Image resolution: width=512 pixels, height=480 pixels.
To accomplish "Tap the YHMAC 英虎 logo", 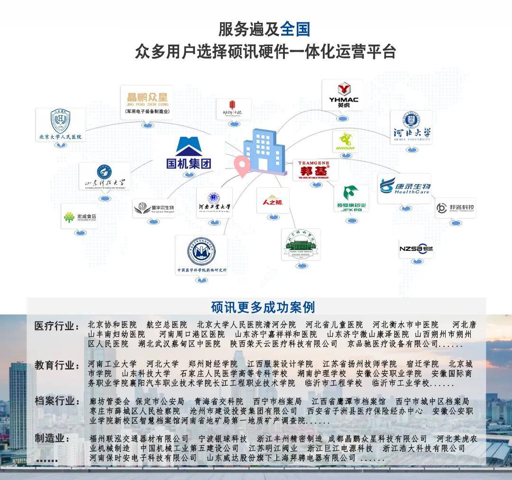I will click(343, 95).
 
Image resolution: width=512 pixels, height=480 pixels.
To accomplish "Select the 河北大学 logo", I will click(411, 127).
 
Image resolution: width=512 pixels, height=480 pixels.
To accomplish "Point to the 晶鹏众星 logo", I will click(146, 101).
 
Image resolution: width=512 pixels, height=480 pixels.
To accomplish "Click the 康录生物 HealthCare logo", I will click(405, 187).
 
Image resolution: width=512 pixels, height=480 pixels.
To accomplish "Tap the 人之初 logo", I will click(272, 201).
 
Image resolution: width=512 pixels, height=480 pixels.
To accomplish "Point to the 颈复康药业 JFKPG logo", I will click(351, 198).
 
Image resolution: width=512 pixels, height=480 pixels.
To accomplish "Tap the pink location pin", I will click(243, 166).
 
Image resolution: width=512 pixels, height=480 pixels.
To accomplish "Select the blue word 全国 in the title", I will click(295, 29).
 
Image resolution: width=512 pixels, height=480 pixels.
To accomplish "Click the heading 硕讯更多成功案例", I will click(263, 307).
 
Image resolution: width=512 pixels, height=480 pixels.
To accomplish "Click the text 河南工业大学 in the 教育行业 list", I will click(112, 364).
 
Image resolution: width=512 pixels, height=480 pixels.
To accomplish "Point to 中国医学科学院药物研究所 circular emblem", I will click(201, 251).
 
